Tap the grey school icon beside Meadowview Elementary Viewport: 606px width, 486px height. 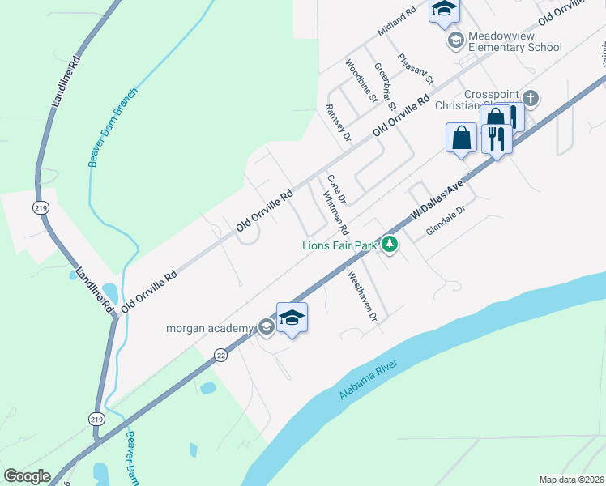tap(455, 40)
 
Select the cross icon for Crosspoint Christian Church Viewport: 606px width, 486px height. tap(531, 99)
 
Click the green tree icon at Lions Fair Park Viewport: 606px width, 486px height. tap(390, 243)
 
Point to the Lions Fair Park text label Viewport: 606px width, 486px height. tap(341, 245)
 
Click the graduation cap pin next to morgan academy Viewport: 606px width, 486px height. tap(292, 317)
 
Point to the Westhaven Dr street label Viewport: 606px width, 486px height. tap(363, 296)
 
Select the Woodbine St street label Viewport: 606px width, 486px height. tap(361, 81)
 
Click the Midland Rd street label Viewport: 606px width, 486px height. tap(396, 22)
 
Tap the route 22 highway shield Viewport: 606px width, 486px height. tap(220, 354)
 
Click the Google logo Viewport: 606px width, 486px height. tap(27, 476)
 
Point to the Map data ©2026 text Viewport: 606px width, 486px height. tap(571, 480)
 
